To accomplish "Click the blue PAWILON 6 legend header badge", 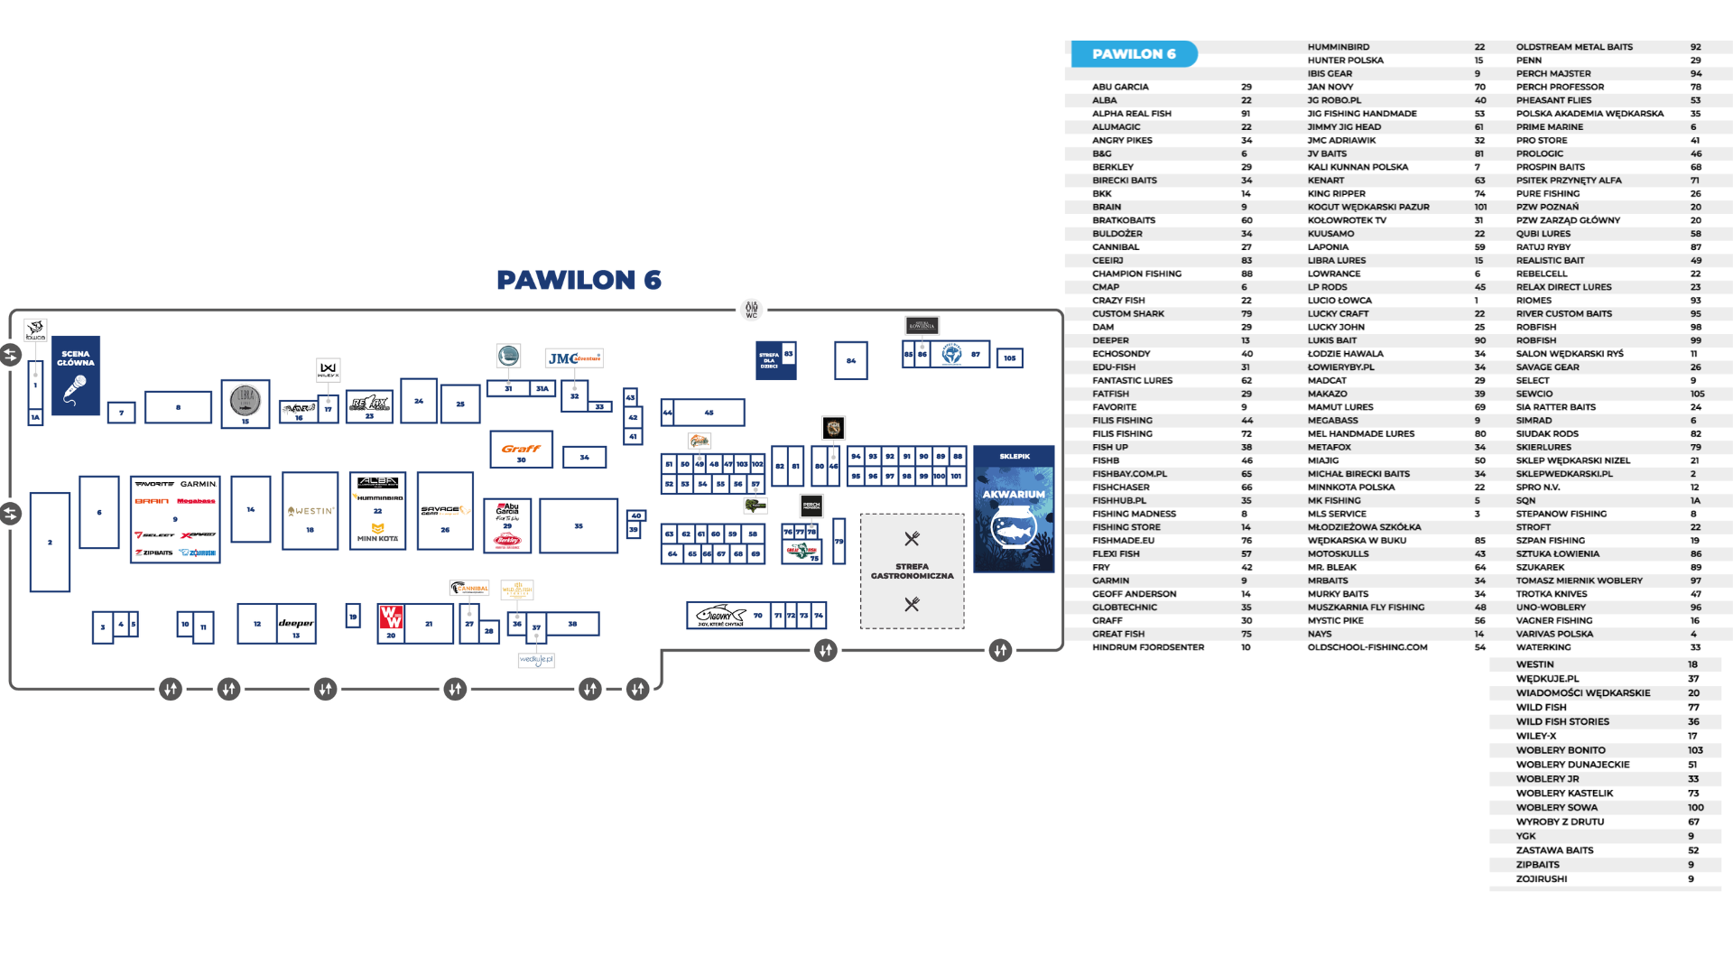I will (x=1134, y=54).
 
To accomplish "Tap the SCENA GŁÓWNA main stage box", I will (x=76, y=376).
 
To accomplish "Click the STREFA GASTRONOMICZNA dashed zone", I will (x=912, y=571).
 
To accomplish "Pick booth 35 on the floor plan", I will (x=579, y=525).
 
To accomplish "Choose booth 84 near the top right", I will (x=850, y=360).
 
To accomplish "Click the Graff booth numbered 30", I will (x=521, y=450).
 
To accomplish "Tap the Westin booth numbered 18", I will (x=310, y=511).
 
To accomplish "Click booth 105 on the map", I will (x=1009, y=358).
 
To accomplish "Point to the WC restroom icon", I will (x=751, y=310).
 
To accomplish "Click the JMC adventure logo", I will (x=574, y=358).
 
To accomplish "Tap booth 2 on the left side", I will (x=50, y=542).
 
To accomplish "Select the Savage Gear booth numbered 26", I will (x=445, y=511).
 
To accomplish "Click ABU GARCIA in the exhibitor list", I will (x=1120, y=88).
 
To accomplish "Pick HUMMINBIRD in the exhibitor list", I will (x=1338, y=47).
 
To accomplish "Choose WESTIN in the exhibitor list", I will (x=1534, y=664).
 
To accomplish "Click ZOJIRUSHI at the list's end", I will (x=1542, y=879).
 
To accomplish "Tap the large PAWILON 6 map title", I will (x=579, y=280).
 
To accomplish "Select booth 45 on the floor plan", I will (x=709, y=413).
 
